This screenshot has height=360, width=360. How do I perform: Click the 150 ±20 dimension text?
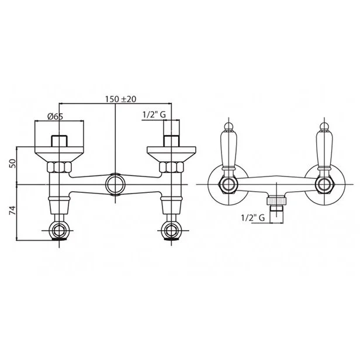121,99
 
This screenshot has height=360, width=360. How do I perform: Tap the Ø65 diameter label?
55,116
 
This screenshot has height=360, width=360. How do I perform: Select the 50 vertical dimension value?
13,163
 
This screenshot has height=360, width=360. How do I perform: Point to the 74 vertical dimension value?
13,210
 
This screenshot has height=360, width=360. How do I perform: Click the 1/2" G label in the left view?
154,115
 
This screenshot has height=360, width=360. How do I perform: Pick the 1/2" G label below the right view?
253,217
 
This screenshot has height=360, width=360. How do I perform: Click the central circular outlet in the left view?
115,184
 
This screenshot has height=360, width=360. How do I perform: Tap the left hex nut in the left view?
59,167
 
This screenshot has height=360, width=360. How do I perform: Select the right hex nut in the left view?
171,167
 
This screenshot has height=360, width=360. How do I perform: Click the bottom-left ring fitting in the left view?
59,230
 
